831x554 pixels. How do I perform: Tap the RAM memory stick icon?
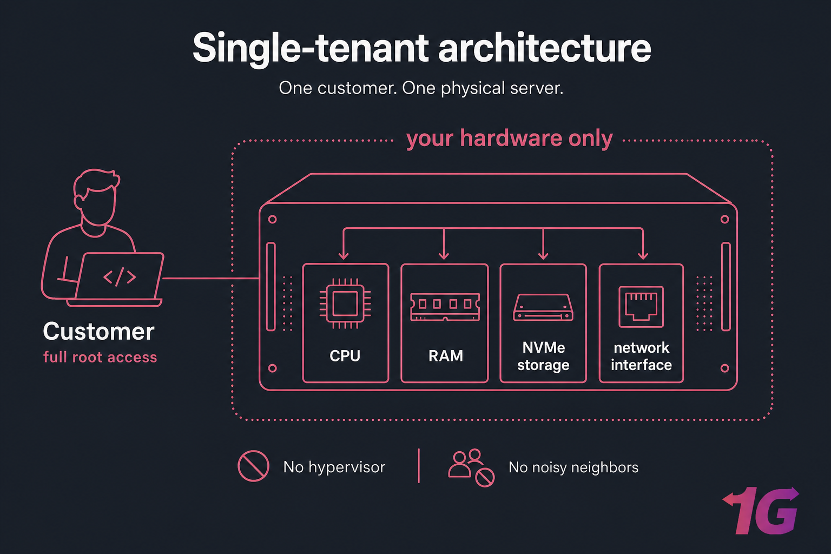tap(445, 307)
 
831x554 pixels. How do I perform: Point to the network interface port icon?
tap(641, 306)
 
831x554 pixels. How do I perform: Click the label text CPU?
tap(345, 355)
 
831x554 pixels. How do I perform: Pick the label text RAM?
tap(445, 355)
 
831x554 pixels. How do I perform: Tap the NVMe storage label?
tap(543, 356)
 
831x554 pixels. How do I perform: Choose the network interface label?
tap(641, 356)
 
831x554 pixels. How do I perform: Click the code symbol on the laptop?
tap(120, 277)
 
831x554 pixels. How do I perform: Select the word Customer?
tap(98, 331)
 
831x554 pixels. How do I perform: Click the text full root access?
tap(100, 357)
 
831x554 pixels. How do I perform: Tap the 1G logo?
tap(762, 511)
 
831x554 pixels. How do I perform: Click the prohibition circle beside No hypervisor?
tap(253, 466)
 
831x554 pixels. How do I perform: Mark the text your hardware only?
tap(509, 138)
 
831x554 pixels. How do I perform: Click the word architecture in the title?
tap(544, 48)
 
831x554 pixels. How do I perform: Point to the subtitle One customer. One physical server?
tap(421, 88)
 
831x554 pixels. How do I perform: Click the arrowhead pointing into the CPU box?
tap(343, 255)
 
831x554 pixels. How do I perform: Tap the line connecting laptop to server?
tap(211, 278)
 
